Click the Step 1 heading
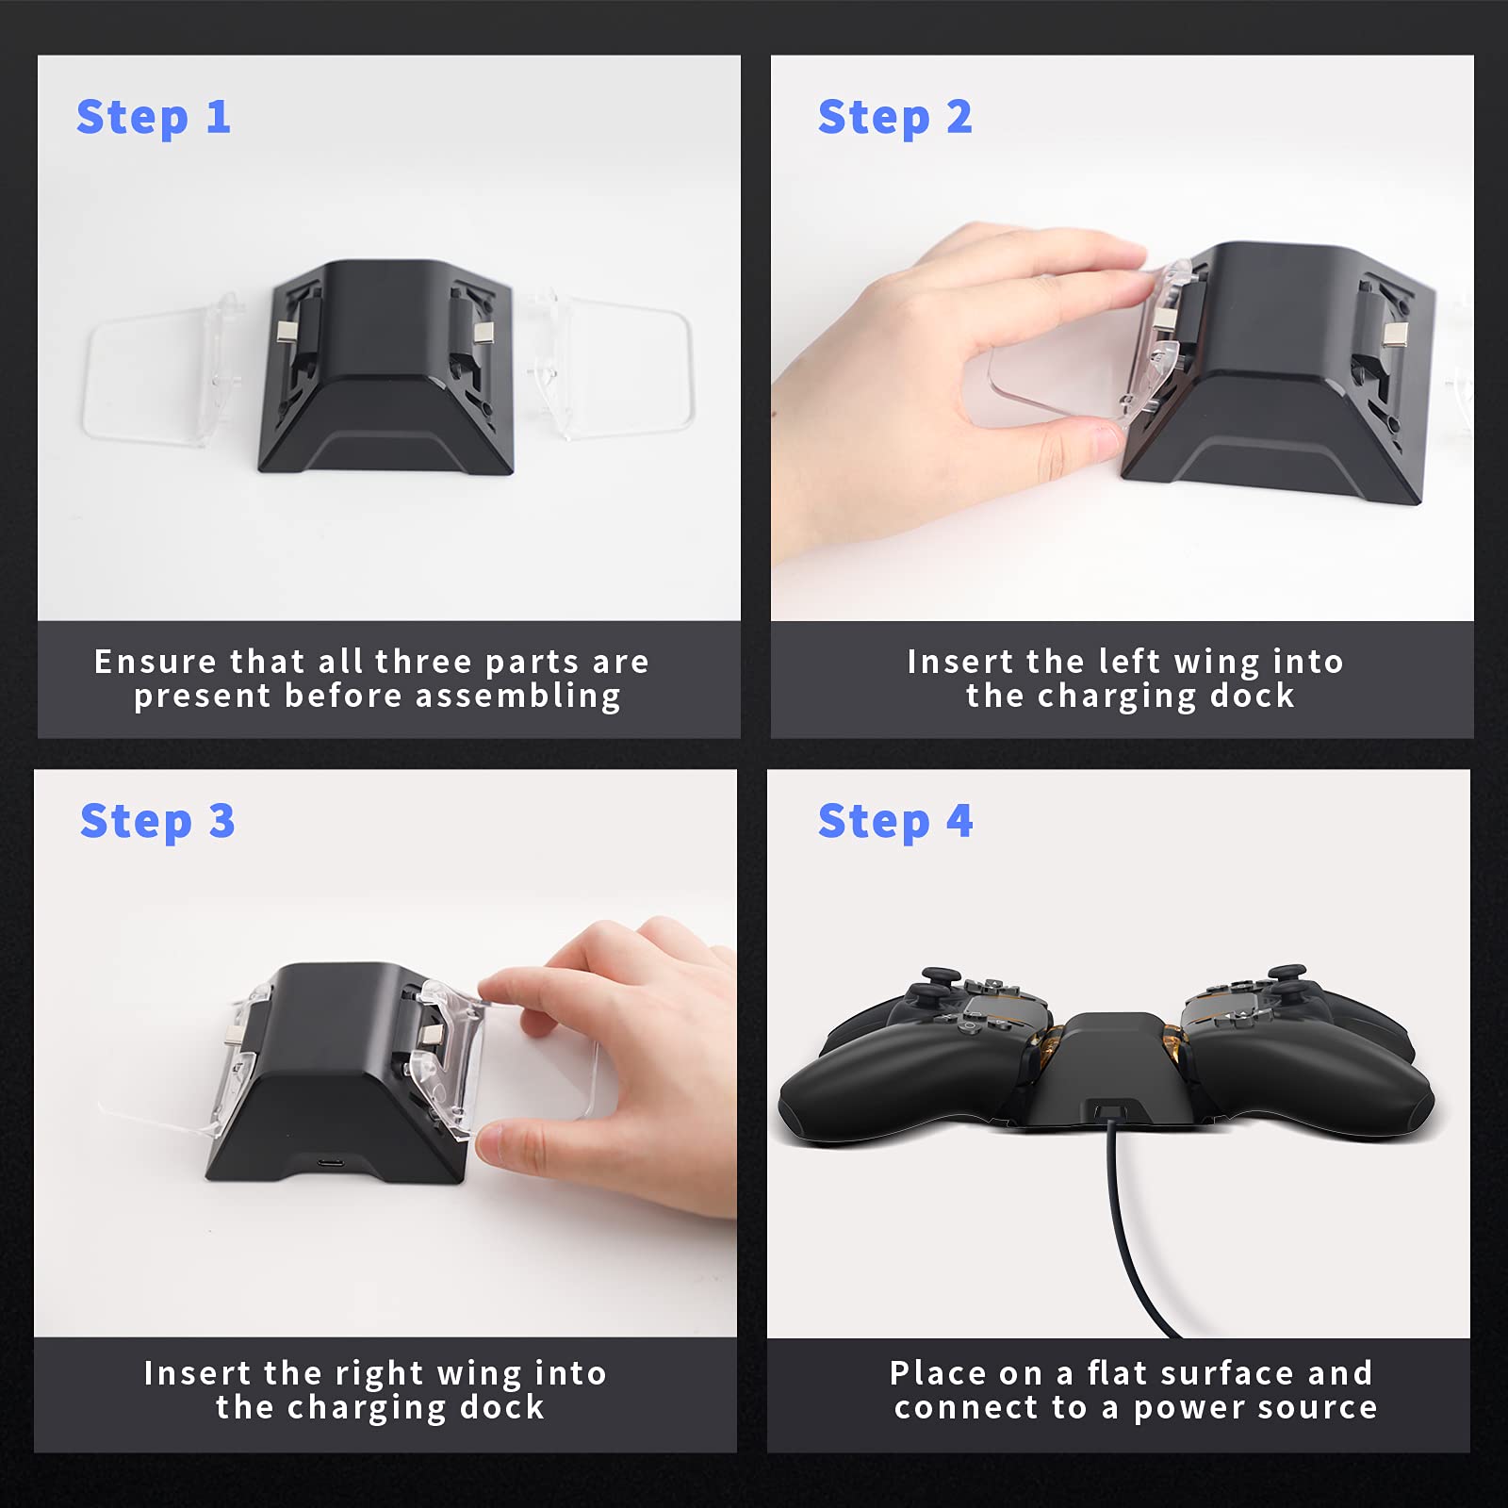click(x=154, y=118)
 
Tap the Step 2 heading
click(x=894, y=118)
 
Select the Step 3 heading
click(x=157, y=821)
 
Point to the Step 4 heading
click(x=894, y=821)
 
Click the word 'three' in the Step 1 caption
click(x=423, y=662)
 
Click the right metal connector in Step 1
click(x=483, y=332)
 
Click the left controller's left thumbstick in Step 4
click(x=936, y=980)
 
